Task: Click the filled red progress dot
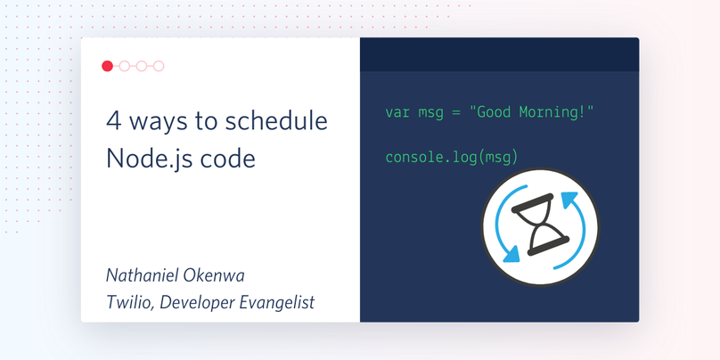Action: (x=107, y=66)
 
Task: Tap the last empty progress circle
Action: (x=159, y=66)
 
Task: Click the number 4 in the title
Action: (x=114, y=121)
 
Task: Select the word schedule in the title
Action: (x=276, y=121)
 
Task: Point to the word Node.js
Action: (x=146, y=159)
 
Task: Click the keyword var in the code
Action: (x=397, y=112)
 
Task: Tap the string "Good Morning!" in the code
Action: (x=531, y=112)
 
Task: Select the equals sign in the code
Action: (x=455, y=112)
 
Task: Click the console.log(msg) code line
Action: (x=452, y=158)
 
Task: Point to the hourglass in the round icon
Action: (x=540, y=225)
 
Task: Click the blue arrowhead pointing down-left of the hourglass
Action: (x=511, y=254)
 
